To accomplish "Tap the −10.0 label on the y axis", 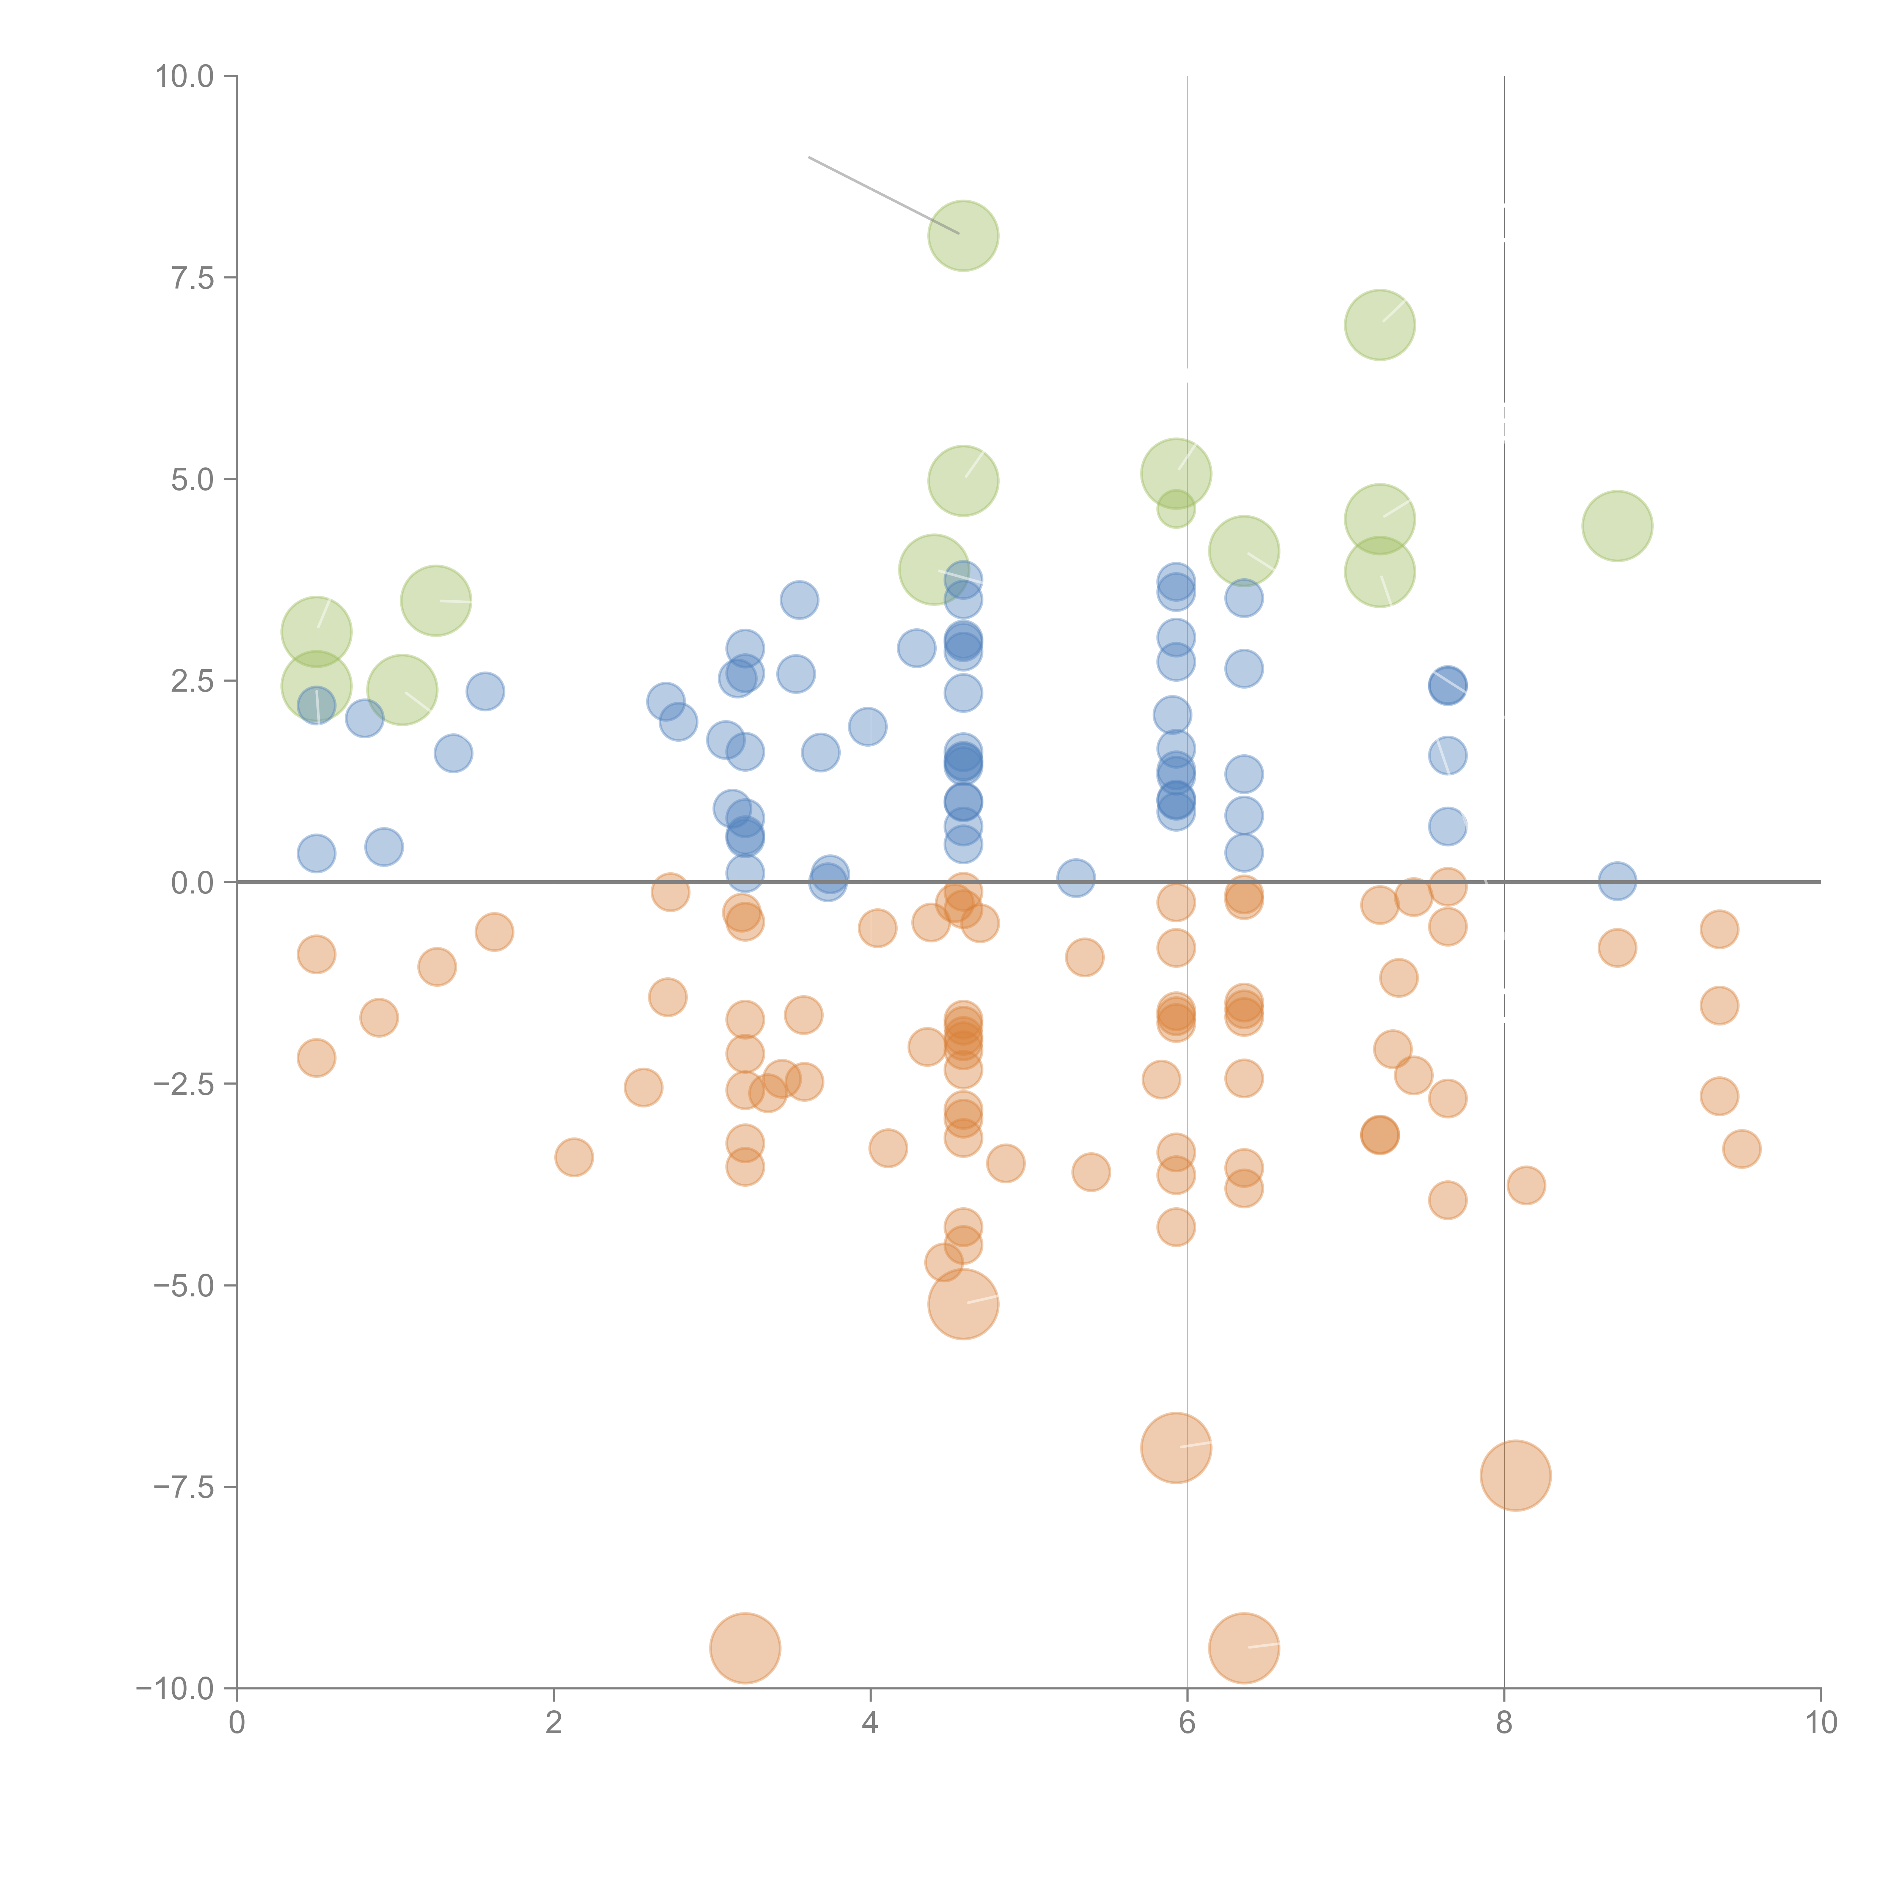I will (175, 1689).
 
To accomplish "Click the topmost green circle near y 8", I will (963, 236).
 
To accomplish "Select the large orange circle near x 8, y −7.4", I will (1515, 1476).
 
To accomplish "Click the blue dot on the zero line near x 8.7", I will (1617, 881).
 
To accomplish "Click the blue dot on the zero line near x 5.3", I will (1076, 878).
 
